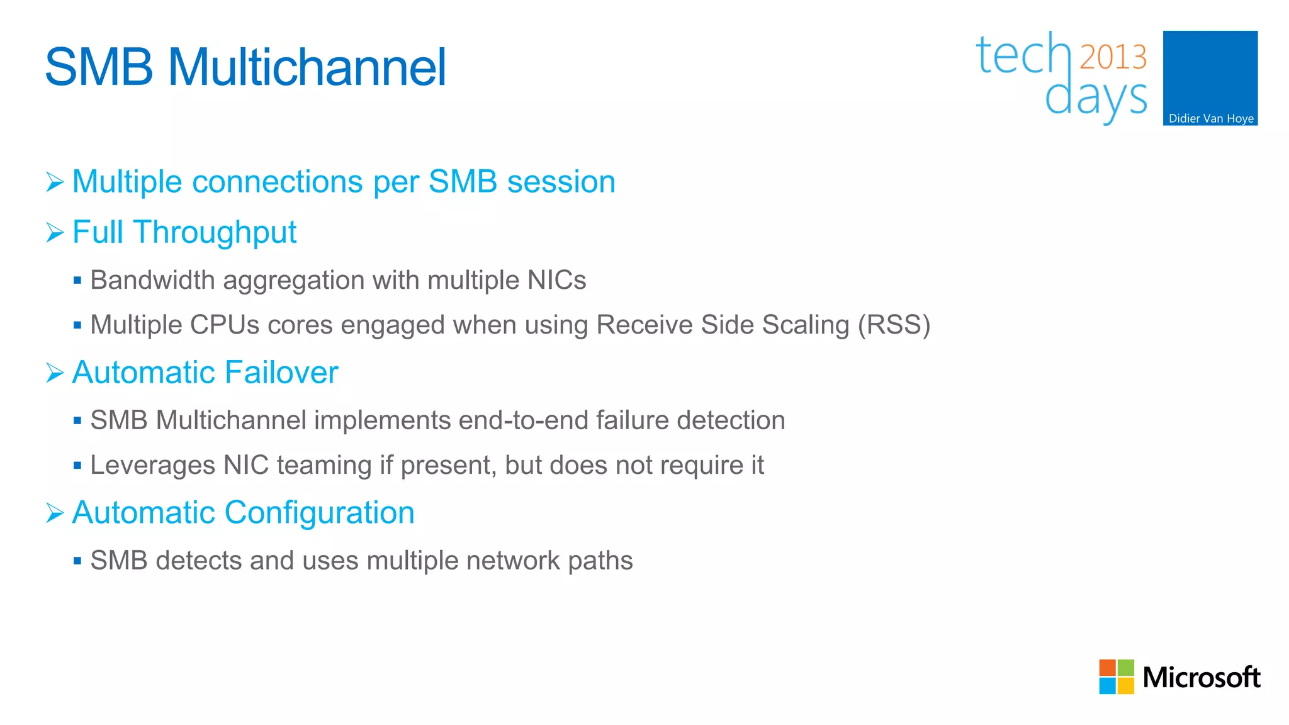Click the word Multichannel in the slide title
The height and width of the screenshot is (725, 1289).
tap(307, 67)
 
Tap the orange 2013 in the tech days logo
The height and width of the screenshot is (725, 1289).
tap(1113, 57)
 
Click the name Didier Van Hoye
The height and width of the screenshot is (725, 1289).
tap(1210, 118)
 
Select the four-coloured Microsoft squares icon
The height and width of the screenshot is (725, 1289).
tap(1116, 677)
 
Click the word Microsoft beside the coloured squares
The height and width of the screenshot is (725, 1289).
tap(1201, 678)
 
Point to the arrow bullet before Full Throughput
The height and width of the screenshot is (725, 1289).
tap(55, 233)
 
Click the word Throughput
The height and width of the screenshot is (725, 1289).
tap(215, 232)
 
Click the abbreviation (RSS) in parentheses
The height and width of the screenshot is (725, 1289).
tap(894, 325)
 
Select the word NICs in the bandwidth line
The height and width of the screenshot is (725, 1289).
tap(556, 280)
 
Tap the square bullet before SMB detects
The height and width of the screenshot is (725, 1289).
tap(77, 561)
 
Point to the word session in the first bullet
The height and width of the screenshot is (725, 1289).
tap(561, 182)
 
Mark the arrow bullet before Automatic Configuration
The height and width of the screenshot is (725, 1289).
tap(55, 514)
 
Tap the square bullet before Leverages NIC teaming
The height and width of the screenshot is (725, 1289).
tap(77, 466)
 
